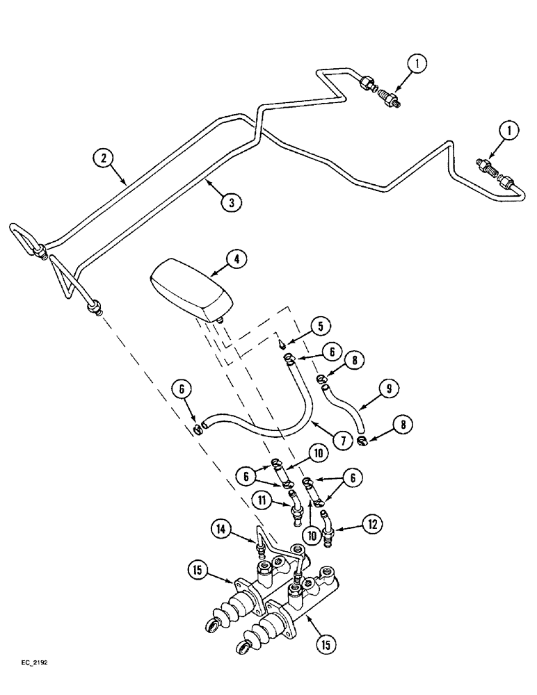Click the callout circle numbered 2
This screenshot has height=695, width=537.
pyautogui.click(x=104, y=158)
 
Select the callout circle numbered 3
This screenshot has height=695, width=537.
pyautogui.click(x=230, y=203)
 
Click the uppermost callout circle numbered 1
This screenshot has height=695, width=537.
pyautogui.click(x=417, y=65)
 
